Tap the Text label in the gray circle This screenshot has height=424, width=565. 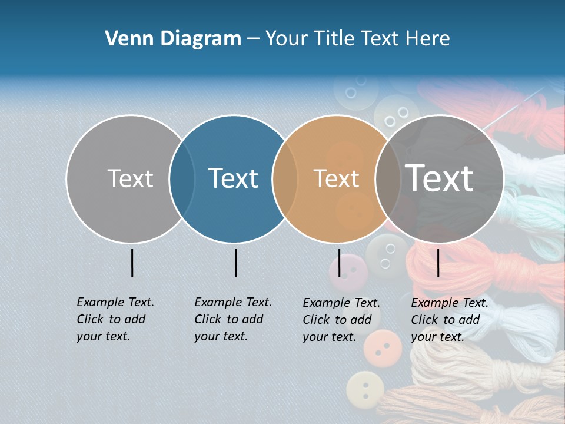[x=130, y=178]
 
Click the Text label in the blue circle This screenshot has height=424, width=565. [x=233, y=178]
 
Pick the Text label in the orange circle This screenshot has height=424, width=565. [x=336, y=178]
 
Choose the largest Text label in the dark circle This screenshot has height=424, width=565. [x=440, y=178]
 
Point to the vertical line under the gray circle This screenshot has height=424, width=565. [x=132, y=263]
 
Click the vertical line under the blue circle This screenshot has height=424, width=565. [x=235, y=263]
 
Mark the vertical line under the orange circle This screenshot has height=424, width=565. [x=339, y=263]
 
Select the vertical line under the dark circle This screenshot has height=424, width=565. [x=438, y=263]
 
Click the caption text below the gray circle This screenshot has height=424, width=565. [x=115, y=319]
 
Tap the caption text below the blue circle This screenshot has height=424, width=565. [x=232, y=319]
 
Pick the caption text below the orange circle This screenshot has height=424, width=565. [x=341, y=320]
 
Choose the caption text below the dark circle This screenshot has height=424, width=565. [x=449, y=320]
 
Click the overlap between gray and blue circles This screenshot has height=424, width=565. [x=182, y=178]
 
